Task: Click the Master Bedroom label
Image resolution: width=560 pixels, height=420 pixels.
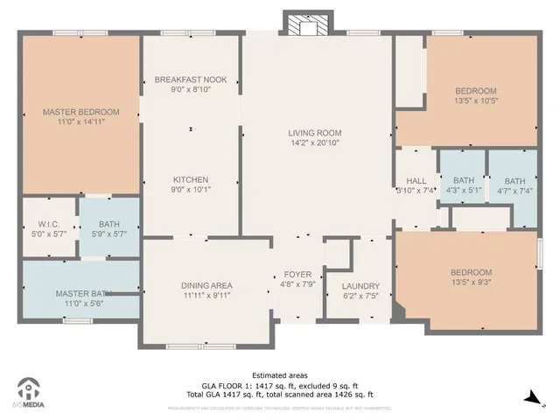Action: point(80,112)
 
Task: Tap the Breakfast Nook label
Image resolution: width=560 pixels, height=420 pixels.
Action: point(191,80)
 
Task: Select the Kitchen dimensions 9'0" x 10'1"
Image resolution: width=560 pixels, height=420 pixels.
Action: point(191,189)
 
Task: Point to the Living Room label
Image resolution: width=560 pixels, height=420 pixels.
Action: point(315,134)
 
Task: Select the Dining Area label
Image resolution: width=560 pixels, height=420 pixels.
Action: point(206,285)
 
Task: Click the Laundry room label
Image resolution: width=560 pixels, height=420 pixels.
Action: point(360,286)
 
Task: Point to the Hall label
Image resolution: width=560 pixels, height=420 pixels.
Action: point(416,181)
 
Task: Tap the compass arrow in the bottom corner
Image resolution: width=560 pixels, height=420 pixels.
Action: point(530,396)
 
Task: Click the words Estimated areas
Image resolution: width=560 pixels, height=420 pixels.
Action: point(279,374)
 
